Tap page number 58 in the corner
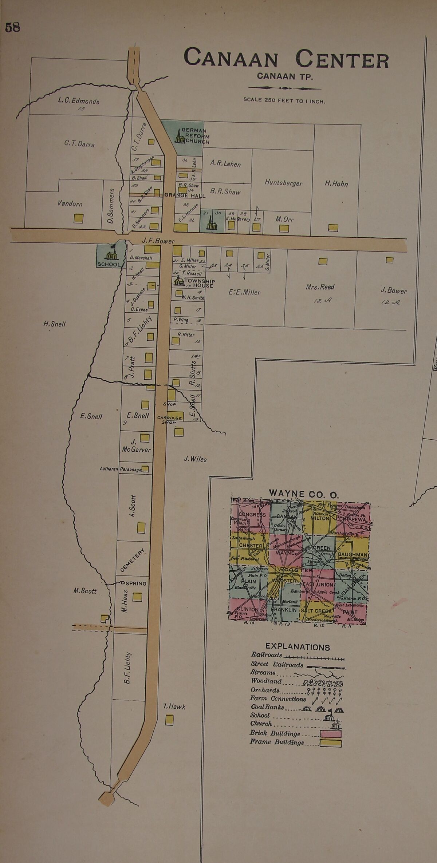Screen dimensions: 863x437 tap(12, 28)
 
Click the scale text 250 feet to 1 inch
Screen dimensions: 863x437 tap(284, 101)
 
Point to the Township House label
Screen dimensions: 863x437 tap(199, 283)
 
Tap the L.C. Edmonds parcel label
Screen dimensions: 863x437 tap(79, 101)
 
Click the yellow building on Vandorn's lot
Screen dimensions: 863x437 tap(79, 218)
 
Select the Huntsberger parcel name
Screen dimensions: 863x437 tap(283, 183)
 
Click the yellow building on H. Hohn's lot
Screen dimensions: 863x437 tap(333, 228)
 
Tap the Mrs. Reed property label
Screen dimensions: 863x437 tap(320, 287)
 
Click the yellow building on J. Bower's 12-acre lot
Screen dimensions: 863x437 tap(390, 260)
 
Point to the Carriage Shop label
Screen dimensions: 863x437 tap(170, 420)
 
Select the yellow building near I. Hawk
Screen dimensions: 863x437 tap(169, 720)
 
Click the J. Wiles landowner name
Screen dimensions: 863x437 tap(195, 459)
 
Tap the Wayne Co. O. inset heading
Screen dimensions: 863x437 tap(304, 494)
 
